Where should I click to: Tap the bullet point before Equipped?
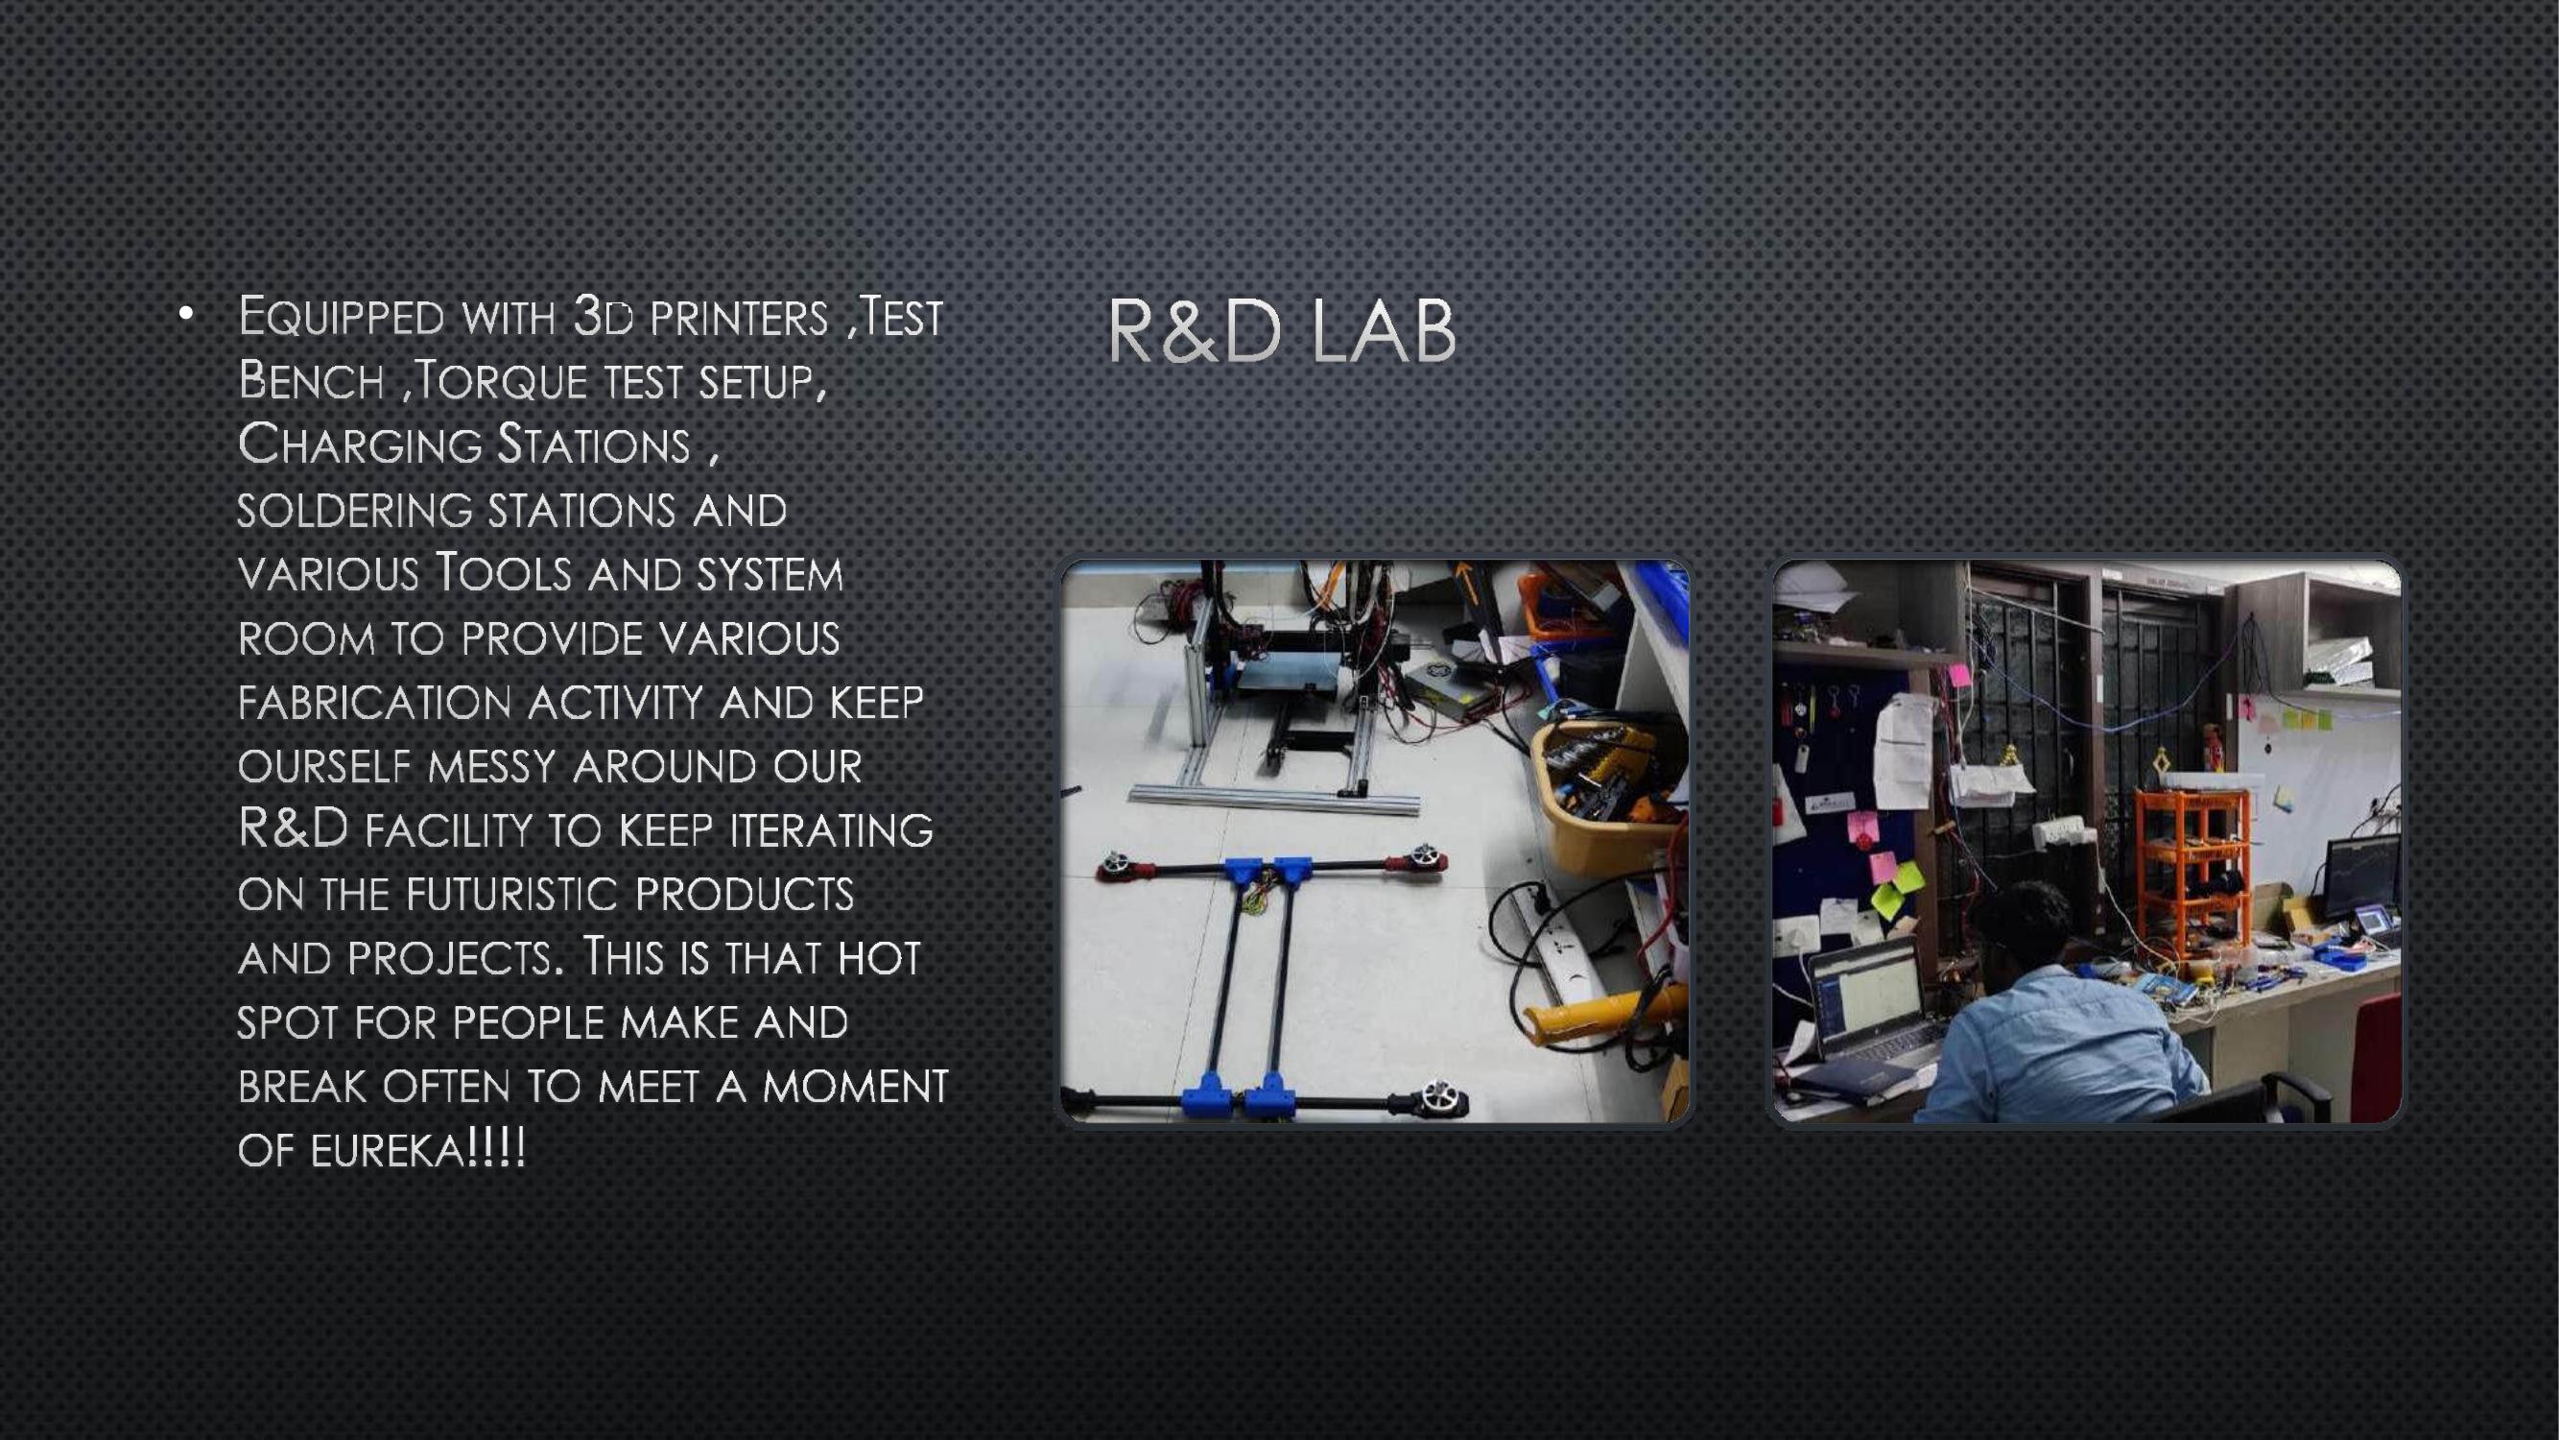184,315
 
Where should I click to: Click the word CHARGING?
360,444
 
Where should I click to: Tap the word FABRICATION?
373,703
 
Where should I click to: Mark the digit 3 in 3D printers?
589,317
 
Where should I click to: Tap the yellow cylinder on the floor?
1604,1014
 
